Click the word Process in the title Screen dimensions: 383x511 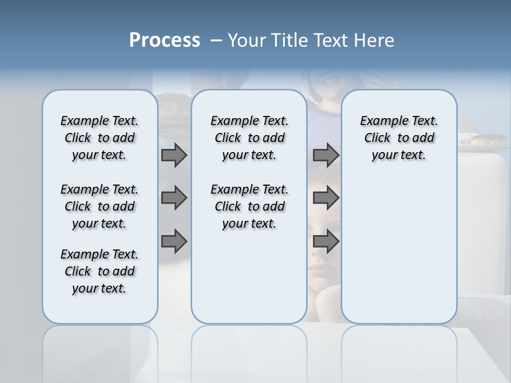point(164,40)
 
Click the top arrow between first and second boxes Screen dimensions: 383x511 point(174,155)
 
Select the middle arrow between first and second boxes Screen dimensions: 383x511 point(174,198)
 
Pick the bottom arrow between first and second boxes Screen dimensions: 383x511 point(174,242)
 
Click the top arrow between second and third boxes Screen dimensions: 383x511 point(326,155)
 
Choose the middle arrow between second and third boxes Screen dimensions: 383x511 point(326,198)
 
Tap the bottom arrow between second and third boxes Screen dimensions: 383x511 point(326,242)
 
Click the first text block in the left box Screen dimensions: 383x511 point(100,138)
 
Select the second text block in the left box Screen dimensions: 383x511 point(100,206)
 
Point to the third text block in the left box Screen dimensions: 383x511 point(100,271)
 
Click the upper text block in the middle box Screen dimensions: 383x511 point(249,138)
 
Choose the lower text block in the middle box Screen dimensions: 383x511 point(249,206)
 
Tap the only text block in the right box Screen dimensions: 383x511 point(399,138)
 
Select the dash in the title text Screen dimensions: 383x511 point(217,41)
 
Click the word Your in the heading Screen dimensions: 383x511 point(246,40)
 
